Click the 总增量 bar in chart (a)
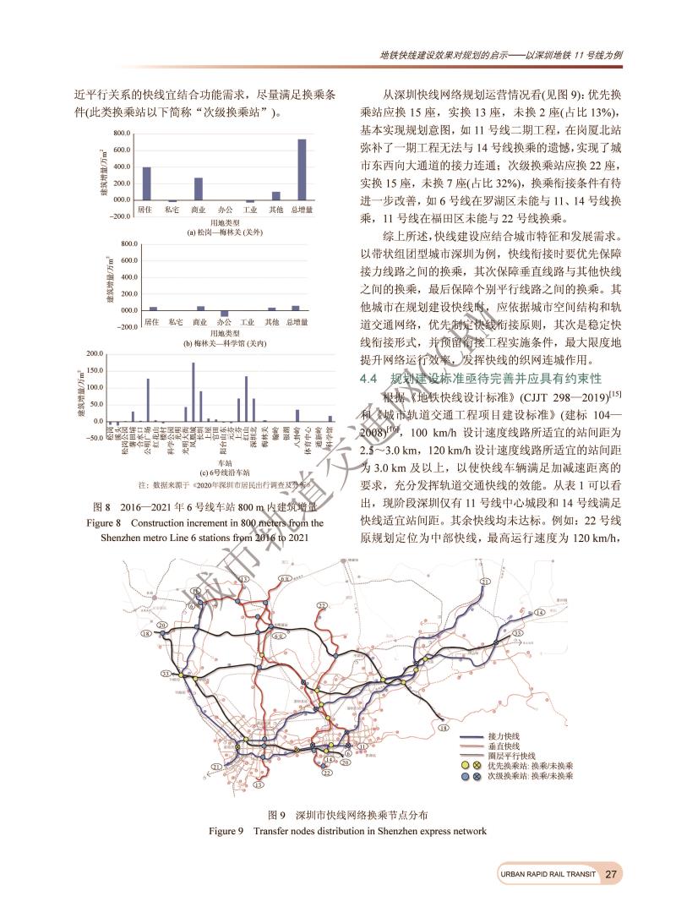(302, 169)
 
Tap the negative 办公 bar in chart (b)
(224, 313)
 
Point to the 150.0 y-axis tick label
(93, 370)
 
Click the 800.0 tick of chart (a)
(122, 134)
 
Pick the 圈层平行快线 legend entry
(510, 756)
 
